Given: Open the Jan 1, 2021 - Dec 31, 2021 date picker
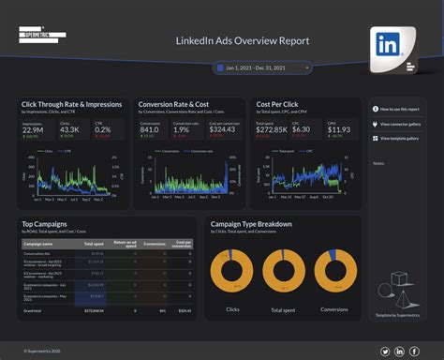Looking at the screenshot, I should (261, 67).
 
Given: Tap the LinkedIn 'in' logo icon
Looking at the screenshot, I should (387, 45).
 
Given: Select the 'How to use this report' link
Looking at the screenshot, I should (400, 109).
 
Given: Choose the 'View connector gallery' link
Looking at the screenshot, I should (403, 123).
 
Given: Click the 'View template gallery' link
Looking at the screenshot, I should (403, 138).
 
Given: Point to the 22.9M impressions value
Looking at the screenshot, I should (34, 129).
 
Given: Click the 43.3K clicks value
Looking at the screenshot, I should (70, 129).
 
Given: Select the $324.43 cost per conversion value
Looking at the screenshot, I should (222, 129).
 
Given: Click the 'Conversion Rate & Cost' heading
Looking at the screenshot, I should (173, 104).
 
